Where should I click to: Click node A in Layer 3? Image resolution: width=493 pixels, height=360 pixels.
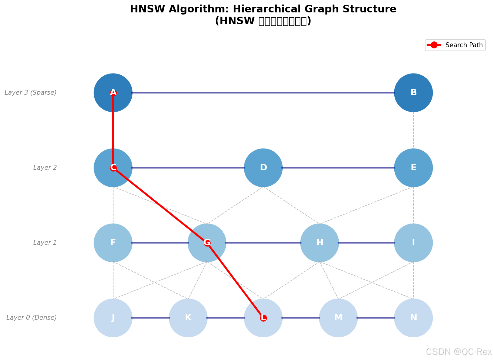(x=113, y=93)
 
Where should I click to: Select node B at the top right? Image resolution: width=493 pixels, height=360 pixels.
(x=413, y=93)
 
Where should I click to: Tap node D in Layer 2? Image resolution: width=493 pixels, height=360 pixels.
(x=263, y=168)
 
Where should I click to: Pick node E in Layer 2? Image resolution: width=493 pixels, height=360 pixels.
(x=413, y=168)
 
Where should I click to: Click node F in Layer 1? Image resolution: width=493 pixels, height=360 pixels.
(x=113, y=243)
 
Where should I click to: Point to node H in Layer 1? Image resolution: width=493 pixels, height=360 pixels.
(x=319, y=243)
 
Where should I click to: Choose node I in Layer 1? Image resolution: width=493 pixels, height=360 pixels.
(x=413, y=243)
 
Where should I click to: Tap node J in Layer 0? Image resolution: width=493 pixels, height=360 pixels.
(x=113, y=318)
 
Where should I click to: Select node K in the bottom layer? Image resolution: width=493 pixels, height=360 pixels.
(x=188, y=318)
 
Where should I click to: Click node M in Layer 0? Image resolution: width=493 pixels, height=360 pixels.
(x=338, y=318)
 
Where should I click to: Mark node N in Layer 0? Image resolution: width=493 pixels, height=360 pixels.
(x=413, y=318)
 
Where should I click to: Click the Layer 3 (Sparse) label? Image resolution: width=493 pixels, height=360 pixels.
(x=31, y=93)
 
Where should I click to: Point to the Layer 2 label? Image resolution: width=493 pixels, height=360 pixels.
(x=45, y=168)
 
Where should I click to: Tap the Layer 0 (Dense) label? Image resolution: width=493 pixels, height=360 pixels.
(x=31, y=318)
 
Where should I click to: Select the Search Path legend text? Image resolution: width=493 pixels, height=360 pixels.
(x=464, y=45)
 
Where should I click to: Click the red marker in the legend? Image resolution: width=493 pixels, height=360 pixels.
(x=434, y=45)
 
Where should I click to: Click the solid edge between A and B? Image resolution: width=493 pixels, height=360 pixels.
(x=263, y=93)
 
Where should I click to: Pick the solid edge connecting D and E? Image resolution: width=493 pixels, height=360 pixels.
(x=338, y=168)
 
